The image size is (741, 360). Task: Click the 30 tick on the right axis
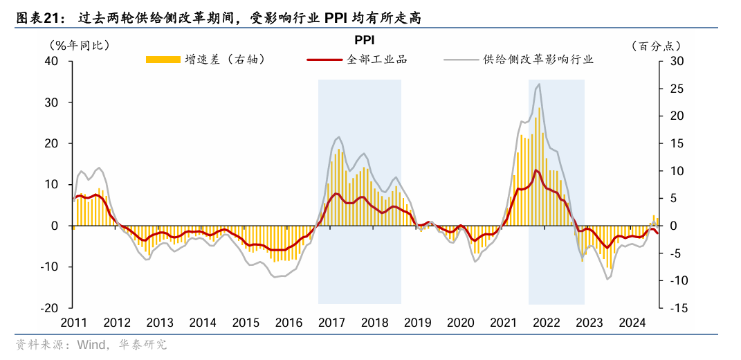(x=677, y=61)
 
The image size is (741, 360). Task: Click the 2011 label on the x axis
(x=73, y=323)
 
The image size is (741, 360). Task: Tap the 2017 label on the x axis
(x=331, y=323)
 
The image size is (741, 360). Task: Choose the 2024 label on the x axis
(x=632, y=323)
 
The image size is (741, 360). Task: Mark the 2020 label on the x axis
(x=460, y=323)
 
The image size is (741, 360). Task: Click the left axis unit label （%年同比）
(x=79, y=46)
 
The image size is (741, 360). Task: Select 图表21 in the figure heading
(x=35, y=19)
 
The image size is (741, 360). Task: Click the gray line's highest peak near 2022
(x=539, y=84)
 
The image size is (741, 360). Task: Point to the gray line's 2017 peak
(x=338, y=137)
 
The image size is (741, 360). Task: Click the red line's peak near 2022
(x=536, y=170)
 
